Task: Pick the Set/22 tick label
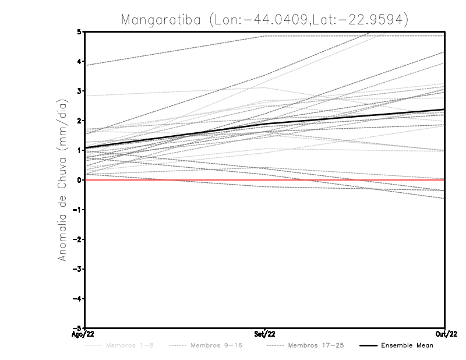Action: point(265,334)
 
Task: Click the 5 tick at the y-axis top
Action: point(79,31)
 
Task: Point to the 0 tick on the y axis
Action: point(79,180)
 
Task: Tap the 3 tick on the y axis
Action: point(79,91)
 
